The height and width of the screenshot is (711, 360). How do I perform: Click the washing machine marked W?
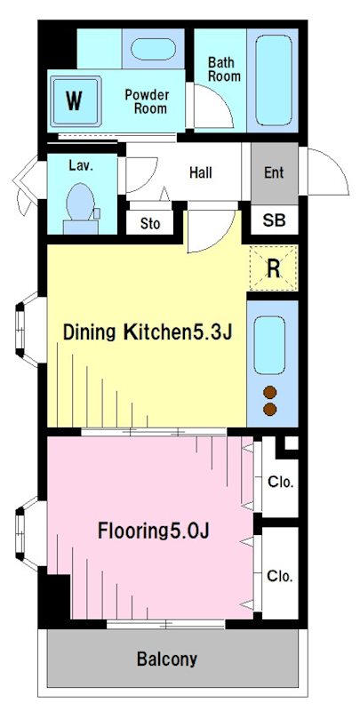(x=76, y=100)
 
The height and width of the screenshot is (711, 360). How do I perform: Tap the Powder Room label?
(x=147, y=101)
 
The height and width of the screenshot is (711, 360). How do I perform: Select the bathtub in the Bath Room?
(x=273, y=80)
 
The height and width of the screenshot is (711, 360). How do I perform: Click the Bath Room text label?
(x=224, y=69)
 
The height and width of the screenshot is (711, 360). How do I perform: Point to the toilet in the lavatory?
(x=81, y=209)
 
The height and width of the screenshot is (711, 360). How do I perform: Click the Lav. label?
(x=81, y=165)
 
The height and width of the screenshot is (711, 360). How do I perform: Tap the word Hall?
(x=200, y=172)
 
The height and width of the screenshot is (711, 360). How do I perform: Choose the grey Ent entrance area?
(x=275, y=173)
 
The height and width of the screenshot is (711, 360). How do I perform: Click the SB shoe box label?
(x=275, y=220)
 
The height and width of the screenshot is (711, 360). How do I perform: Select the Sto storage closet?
(x=149, y=223)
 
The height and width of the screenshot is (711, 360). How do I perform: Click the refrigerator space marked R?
(x=273, y=268)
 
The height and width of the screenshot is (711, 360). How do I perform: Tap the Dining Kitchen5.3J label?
(x=148, y=332)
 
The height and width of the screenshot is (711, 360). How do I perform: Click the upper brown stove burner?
(x=269, y=392)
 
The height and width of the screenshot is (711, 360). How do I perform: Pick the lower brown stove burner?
(x=269, y=409)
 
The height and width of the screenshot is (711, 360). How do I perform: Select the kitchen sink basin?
(x=269, y=345)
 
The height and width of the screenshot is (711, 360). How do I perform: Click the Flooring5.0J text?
(x=153, y=531)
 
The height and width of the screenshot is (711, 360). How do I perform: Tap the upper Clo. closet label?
(x=280, y=482)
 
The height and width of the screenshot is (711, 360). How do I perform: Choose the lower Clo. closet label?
(x=280, y=576)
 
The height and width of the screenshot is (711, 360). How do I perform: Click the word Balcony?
(x=167, y=659)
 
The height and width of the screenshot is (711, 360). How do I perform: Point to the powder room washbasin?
(x=153, y=49)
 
